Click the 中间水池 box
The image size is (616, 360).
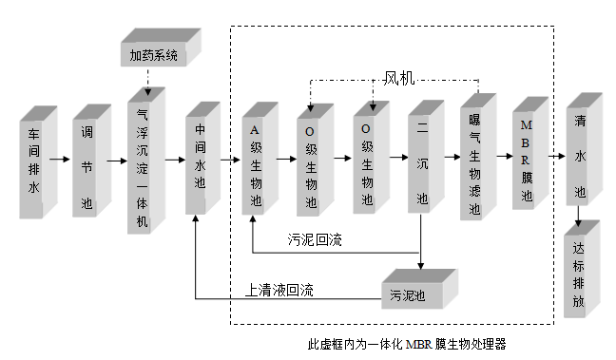click(201, 161)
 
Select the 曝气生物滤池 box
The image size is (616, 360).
click(474, 161)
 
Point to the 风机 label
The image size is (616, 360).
click(400, 77)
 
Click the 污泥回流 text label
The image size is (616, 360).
click(314, 239)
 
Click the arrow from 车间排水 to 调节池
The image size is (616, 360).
click(64, 161)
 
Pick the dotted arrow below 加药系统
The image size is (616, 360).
click(147, 80)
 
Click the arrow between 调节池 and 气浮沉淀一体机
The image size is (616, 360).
click(116, 161)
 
